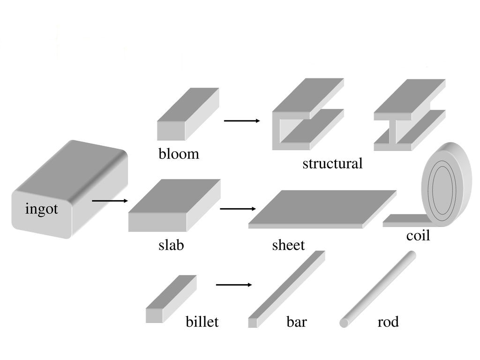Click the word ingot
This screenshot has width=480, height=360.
42,209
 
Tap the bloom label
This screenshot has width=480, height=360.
179,154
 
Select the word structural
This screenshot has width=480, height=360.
332,164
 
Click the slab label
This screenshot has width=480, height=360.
171,245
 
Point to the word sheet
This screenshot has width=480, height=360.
288,245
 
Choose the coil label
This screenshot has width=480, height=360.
418,236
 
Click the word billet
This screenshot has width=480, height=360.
202,322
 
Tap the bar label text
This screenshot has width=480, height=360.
297,322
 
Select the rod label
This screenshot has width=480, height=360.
388,322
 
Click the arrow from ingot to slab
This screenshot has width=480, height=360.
110,201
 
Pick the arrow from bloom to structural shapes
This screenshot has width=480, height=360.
242,121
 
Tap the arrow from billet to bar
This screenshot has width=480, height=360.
234,285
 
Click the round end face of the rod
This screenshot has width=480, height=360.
344,323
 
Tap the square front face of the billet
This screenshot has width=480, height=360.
154,315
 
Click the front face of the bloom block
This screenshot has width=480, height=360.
171,131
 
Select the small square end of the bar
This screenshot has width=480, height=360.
253,323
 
